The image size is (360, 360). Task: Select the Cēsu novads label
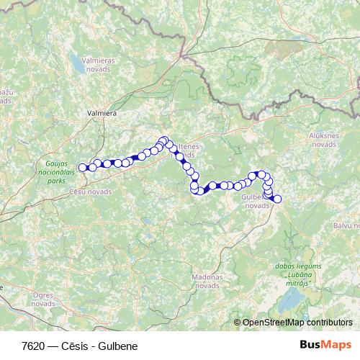(91, 192)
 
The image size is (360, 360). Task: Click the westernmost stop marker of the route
(83, 168)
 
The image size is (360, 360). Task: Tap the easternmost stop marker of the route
(277, 199)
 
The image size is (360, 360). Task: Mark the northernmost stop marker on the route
(164, 140)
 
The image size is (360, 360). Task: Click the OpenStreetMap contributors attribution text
(297, 323)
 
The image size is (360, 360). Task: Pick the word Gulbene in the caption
(114, 346)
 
